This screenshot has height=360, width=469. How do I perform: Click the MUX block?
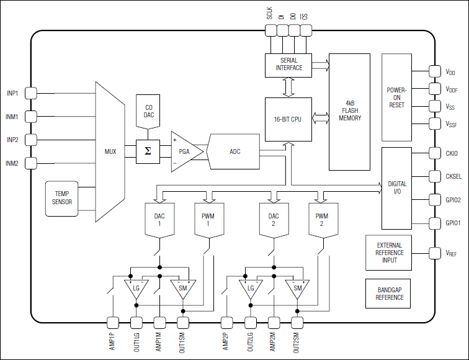click(110, 151)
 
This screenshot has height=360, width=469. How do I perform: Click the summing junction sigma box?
click(148, 151)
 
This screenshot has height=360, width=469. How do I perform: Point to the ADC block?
click(234, 151)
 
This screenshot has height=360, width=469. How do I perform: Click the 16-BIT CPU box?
click(287, 119)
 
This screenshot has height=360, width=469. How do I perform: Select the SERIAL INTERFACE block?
click(288, 65)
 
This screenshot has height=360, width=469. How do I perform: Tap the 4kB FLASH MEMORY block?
click(349, 112)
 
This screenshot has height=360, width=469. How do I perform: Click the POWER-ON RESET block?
click(396, 97)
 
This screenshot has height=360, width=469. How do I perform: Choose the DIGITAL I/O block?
click(397, 188)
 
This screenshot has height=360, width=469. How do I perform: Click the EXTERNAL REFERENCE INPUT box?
click(389, 253)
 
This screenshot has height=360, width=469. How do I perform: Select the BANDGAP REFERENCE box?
click(389, 294)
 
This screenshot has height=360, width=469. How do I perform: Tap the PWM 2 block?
click(321, 219)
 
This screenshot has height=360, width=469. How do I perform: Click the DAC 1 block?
click(159, 219)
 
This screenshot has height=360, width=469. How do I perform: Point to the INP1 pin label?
click(12, 93)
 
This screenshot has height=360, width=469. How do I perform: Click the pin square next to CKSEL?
click(434, 176)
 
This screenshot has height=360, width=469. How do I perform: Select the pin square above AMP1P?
click(112, 322)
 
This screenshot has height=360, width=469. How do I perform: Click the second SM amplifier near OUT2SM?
click(297, 289)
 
